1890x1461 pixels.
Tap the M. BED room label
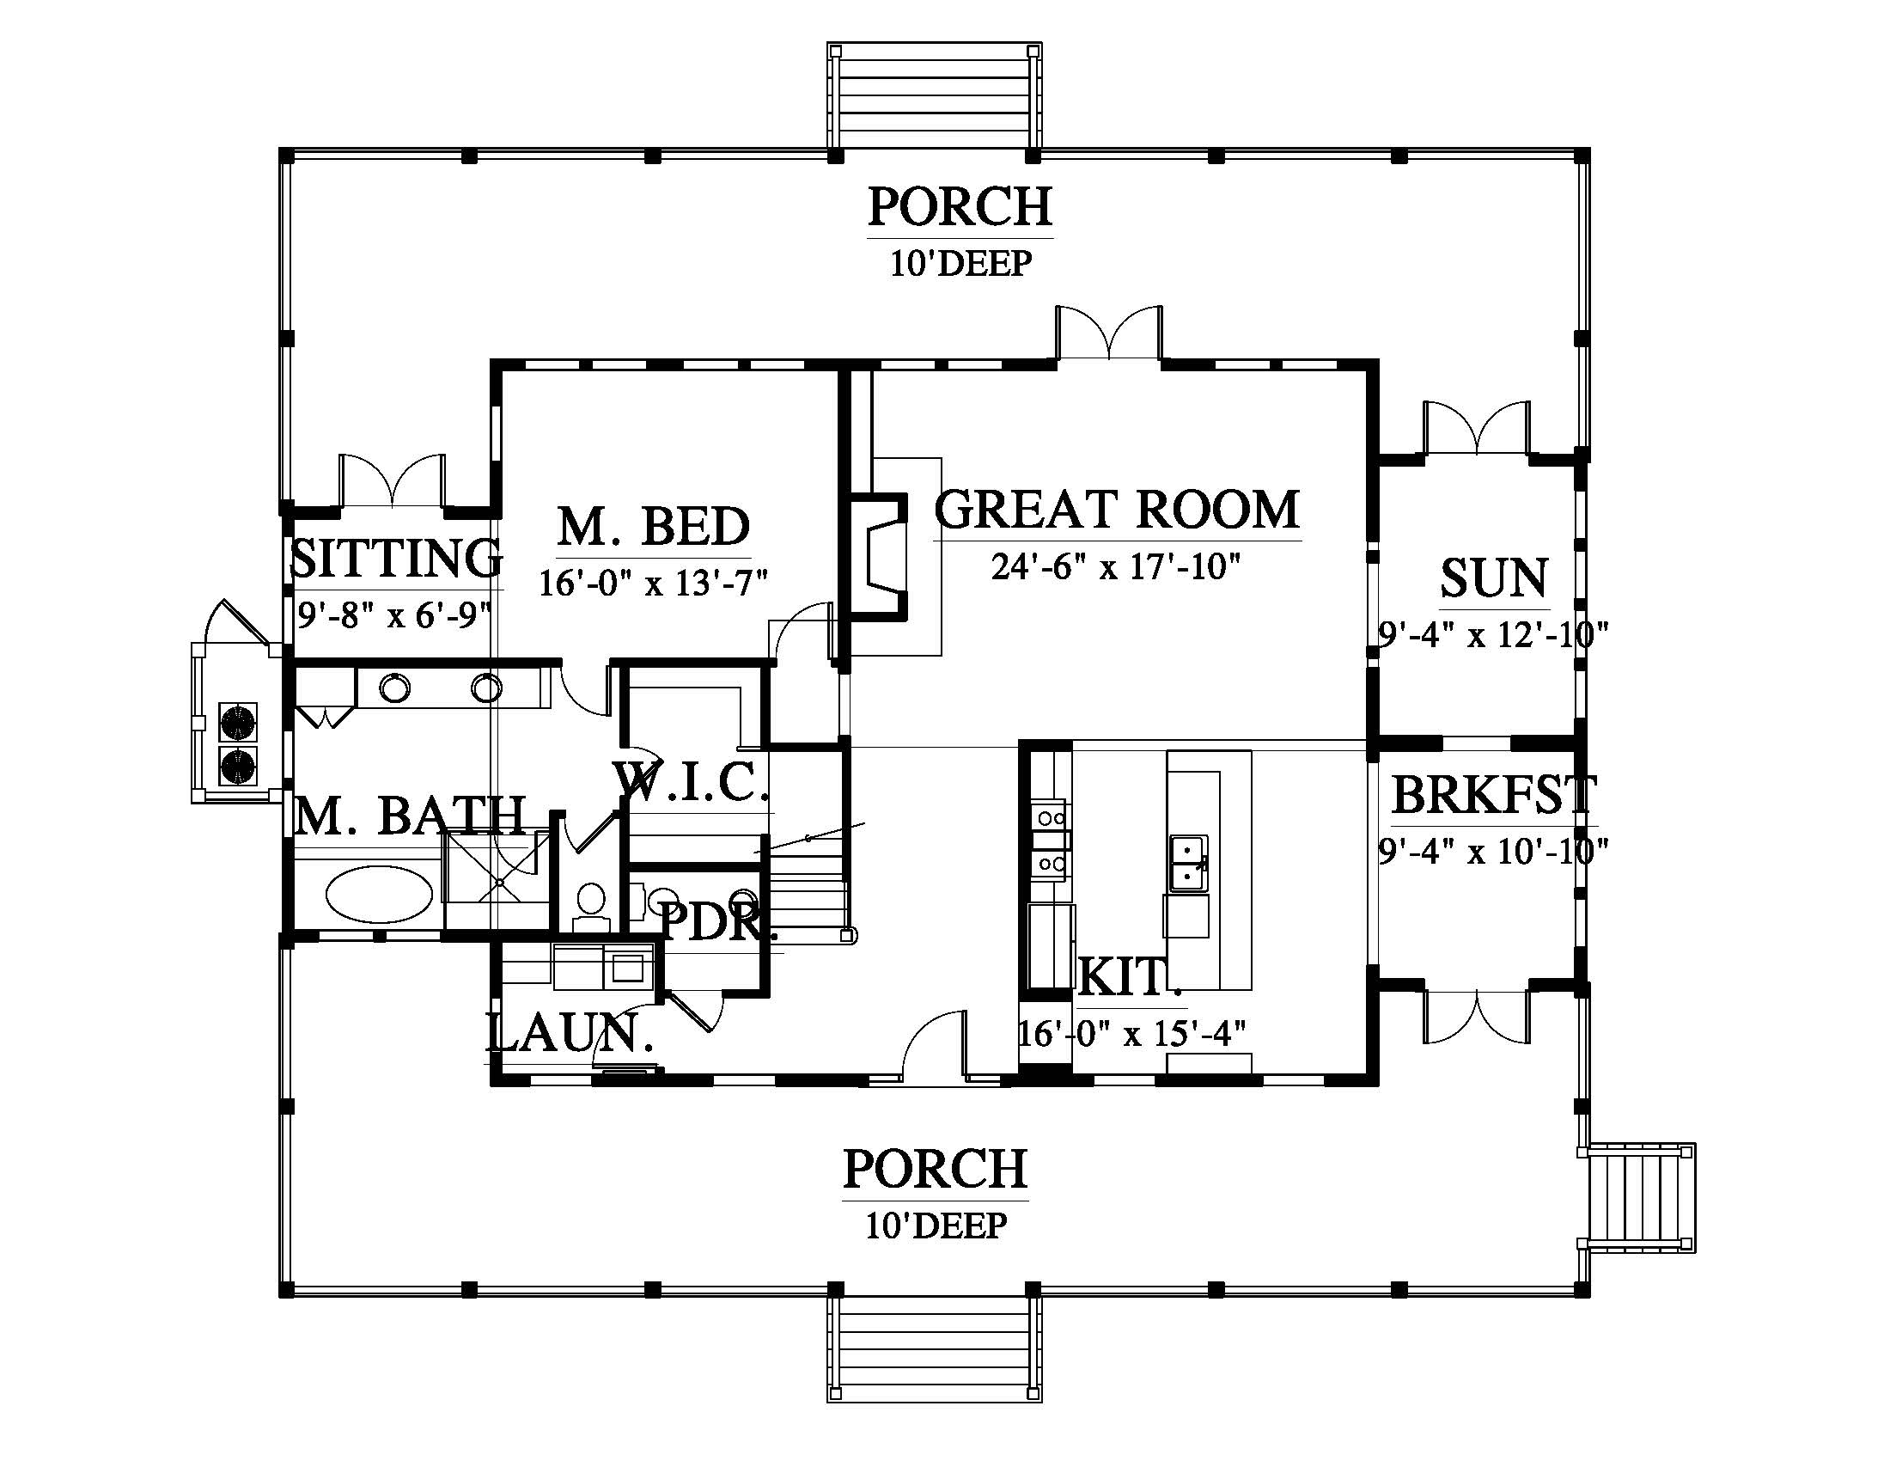654,525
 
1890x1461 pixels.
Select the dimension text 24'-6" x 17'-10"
1116,568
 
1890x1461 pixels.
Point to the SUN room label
1494,578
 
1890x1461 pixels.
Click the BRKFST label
1494,795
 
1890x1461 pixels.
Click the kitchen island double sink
1188,863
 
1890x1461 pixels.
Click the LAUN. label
569,1033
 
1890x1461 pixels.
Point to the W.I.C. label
692,781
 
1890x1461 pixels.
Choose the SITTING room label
394,558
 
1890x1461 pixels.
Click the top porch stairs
934,96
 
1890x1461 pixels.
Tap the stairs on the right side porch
1637,1198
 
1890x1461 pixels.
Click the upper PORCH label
960,207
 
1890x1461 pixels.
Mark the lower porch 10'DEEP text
936,1226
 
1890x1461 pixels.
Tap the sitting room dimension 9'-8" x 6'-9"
394,615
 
